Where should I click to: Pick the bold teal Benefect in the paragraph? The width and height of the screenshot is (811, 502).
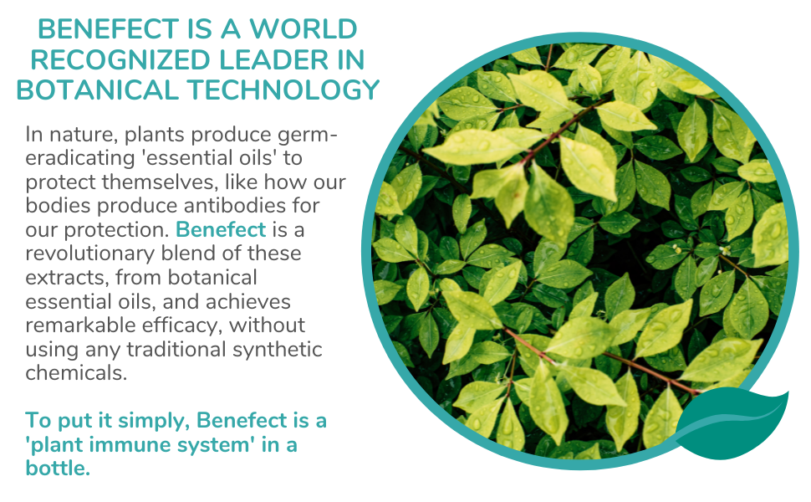(x=221, y=229)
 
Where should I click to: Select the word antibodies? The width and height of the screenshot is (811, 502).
(x=234, y=206)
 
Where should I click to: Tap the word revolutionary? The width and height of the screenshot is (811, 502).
(x=90, y=254)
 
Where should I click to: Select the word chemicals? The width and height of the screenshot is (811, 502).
(x=76, y=373)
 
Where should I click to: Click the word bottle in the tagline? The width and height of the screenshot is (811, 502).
(x=58, y=468)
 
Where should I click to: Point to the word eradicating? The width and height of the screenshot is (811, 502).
(x=79, y=158)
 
